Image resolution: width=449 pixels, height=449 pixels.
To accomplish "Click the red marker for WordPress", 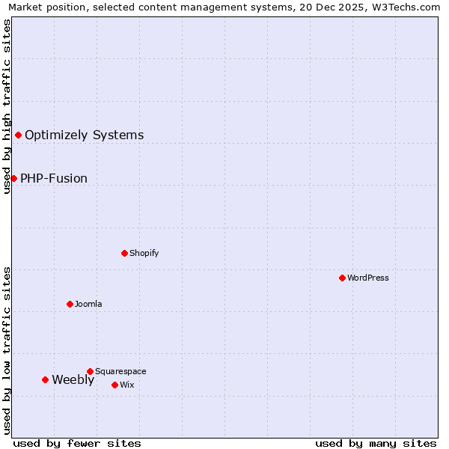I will click(x=342, y=278).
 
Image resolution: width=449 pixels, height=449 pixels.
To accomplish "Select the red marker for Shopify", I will click(x=124, y=253).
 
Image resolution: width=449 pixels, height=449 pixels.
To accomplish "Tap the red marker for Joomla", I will click(x=70, y=304).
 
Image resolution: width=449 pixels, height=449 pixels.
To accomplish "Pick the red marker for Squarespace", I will click(x=90, y=371).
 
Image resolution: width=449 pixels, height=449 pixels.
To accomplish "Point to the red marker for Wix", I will click(x=114, y=385).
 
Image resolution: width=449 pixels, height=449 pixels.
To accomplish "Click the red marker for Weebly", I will click(x=45, y=379).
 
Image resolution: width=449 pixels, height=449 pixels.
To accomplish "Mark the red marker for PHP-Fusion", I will click(x=13, y=178).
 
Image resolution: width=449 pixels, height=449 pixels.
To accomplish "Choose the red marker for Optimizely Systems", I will click(x=18, y=135).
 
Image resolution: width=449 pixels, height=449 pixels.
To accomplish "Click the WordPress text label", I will click(x=368, y=278).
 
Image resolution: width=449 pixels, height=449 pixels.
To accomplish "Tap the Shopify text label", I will click(x=144, y=253).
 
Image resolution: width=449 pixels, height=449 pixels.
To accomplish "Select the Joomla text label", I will click(x=88, y=304).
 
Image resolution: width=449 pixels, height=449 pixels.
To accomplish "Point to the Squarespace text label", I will click(x=120, y=371).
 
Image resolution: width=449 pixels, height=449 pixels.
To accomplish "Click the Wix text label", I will click(x=126, y=385).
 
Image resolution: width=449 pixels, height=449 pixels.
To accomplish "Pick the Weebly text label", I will click(x=73, y=379).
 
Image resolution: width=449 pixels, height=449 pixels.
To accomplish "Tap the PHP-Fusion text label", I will click(x=54, y=178).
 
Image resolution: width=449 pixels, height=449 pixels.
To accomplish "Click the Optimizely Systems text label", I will click(x=85, y=135).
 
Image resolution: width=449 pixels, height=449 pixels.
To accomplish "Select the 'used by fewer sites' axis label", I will click(x=77, y=443).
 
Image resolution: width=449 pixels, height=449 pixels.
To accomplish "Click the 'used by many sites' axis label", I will click(x=376, y=443).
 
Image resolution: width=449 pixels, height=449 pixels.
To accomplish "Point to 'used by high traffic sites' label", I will click(x=7, y=106).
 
